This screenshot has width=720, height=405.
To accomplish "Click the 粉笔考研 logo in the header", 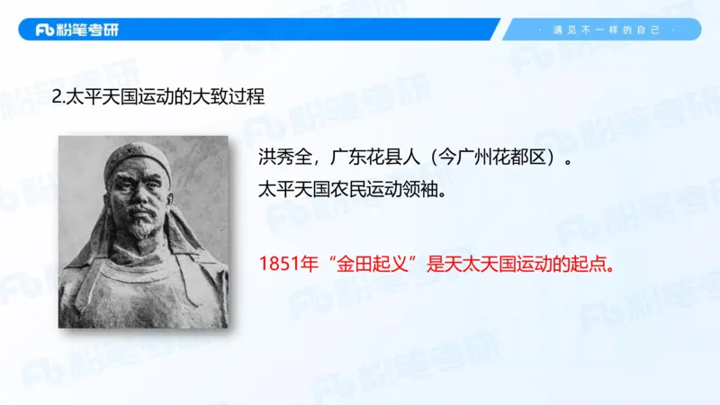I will [76, 30].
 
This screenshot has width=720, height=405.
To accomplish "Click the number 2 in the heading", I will [56, 96].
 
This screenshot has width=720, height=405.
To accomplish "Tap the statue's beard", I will [139, 233].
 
